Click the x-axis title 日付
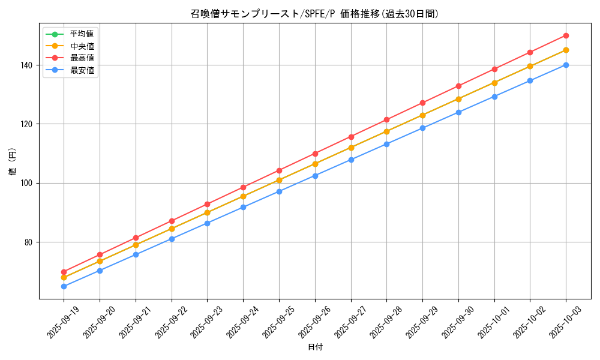pos(315,347)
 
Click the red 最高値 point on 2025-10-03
pos(566,35)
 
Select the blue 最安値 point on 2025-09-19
pos(64,286)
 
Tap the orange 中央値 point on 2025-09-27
pos(351,148)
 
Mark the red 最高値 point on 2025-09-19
pos(64,272)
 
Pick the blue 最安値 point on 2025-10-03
pos(566,65)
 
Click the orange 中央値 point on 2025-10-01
pos(494,83)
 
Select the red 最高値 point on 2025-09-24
pos(243,187)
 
